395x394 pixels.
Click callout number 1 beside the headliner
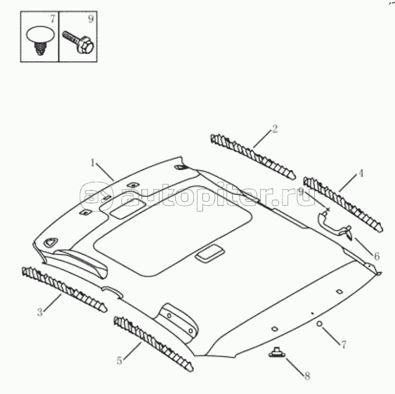[x=93, y=163]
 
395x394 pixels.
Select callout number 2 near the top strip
[x=275, y=128]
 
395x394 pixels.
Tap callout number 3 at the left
[x=40, y=312]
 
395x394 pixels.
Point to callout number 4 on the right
[x=361, y=174]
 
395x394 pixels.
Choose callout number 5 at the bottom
[x=120, y=360]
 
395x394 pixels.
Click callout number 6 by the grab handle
[x=376, y=256]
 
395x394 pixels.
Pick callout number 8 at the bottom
[x=307, y=376]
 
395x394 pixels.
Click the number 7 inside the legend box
[x=51, y=19]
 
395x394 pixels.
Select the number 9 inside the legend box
[x=91, y=19]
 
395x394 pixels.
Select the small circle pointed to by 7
[x=319, y=324]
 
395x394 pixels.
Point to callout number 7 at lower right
[x=342, y=344]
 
